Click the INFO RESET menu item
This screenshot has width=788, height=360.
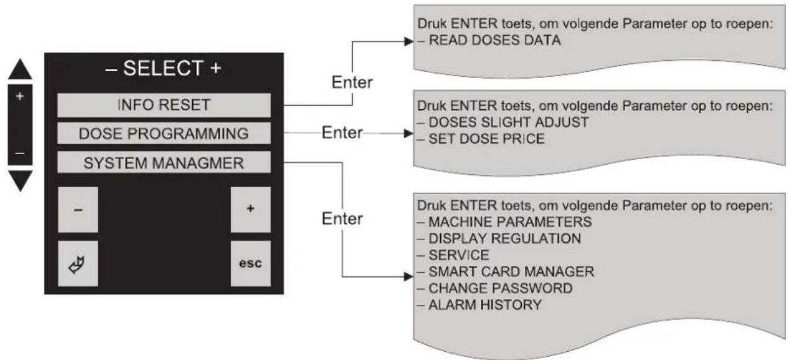pos(164,105)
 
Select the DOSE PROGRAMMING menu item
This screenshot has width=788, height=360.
pos(164,133)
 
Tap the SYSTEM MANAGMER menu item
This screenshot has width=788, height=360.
pos(164,162)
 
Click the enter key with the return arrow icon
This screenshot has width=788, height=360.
pos(78,264)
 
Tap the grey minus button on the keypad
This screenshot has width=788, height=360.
pos(78,210)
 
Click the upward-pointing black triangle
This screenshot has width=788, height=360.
pos(20,70)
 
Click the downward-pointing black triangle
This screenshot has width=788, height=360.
pos(20,181)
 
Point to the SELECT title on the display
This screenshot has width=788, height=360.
pos(163,68)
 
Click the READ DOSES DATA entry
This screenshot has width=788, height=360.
pos(494,41)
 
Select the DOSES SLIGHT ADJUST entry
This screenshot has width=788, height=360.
pos(508,122)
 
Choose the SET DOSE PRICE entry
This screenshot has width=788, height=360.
pos(486,139)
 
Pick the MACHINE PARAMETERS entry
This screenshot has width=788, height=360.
pos(510,222)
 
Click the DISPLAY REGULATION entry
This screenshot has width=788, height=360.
pos(505,239)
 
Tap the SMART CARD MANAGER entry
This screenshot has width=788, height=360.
pos(512,272)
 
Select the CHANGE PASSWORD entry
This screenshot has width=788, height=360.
pos(500,288)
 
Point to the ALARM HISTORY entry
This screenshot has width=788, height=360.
pos(485,305)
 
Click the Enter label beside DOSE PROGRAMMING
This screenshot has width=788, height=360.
pos(342,133)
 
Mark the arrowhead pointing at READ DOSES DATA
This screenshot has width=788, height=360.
pos(409,41)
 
